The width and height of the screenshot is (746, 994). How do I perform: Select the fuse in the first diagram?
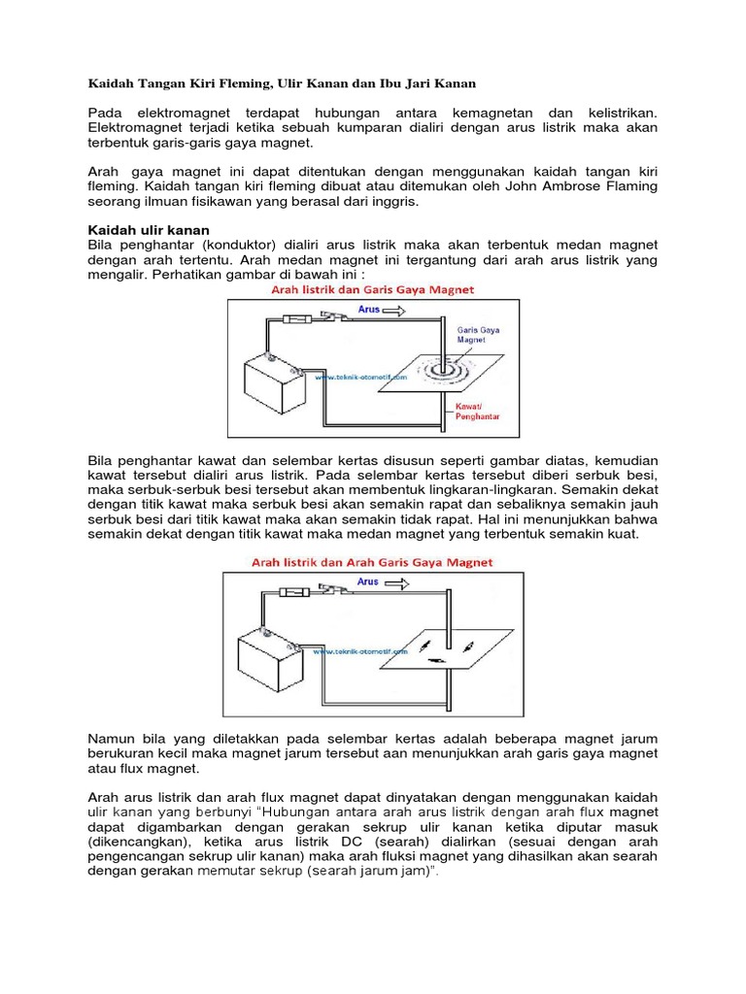(x=300, y=317)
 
